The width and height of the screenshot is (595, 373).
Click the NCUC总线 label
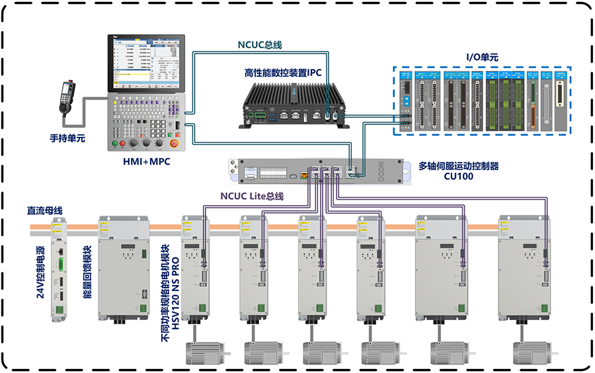(260, 45)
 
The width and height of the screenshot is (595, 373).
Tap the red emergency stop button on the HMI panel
(175, 143)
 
